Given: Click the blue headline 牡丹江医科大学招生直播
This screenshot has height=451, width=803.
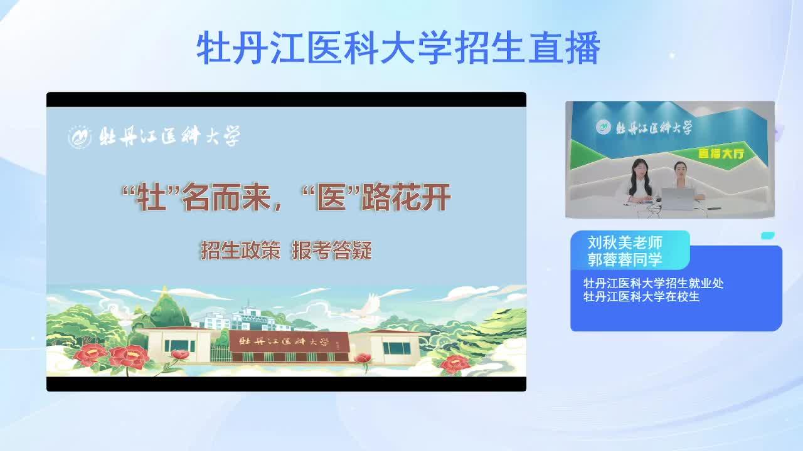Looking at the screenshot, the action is pos(398,48).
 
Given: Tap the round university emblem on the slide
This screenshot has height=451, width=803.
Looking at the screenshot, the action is pos(80,137).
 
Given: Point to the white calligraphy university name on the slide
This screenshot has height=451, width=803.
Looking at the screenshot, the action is pos(170,136).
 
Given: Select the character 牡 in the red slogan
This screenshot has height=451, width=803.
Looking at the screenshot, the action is pos(151,197).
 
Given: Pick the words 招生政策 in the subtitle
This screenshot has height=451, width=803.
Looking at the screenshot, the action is pos(240,250).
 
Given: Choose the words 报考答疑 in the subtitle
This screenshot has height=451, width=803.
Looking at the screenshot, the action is pos(332,250).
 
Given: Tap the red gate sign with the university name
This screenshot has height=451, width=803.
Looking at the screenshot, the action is pos(288,341).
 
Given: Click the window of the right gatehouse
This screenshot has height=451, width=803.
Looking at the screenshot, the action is pos(396,348).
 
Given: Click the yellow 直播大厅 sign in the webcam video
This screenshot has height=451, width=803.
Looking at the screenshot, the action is pos(721,153).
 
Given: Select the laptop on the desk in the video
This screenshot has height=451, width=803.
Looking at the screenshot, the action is pos(677,199).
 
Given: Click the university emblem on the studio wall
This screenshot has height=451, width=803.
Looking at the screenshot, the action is pos(604,127).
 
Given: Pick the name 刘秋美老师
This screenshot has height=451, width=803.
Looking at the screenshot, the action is pos(625,242).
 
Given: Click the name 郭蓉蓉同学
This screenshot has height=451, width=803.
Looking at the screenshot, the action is pos(625,259).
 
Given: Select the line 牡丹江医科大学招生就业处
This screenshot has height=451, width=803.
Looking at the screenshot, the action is pos(653,283).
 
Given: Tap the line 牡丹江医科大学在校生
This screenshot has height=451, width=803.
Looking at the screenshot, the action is pos(641,296).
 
